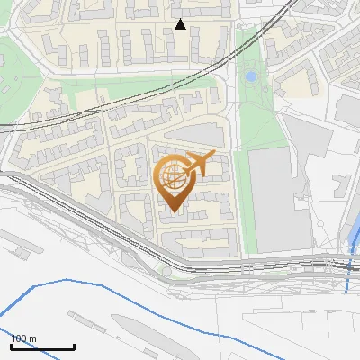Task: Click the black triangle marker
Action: tap(180, 24)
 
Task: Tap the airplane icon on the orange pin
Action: tap(200, 164)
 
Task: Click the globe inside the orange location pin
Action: tap(174, 178)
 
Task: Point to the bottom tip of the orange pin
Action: tap(174, 212)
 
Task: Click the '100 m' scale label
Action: tap(23, 338)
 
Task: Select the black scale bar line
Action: tap(42, 346)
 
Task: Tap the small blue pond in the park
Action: tap(250, 77)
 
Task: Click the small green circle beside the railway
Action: tap(166, 271)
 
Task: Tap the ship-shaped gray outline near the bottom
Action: tap(135, 323)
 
